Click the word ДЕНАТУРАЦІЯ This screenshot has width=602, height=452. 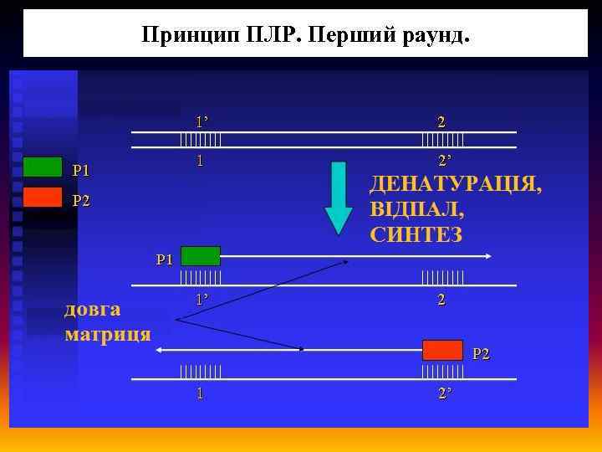pyautogui.click(x=455, y=183)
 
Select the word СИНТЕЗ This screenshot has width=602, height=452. pyautogui.click(x=416, y=234)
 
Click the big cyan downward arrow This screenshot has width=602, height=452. pyautogui.click(x=339, y=198)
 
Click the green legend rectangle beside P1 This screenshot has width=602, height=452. pyautogui.click(x=42, y=167)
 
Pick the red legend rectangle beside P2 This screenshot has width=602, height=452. pyautogui.click(x=42, y=197)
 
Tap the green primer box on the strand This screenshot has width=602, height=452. pyautogui.click(x=201, y=255)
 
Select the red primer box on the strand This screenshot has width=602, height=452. pyautogui.click(x=442, y=350)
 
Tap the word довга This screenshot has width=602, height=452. pyautogui.click(x=93, y=310)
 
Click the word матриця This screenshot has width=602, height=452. pyautogui.click(x=108, y=335)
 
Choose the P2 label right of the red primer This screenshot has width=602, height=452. pyautogui.click(x=481, y=354)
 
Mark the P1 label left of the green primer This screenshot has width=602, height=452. pyautogui.click(x=165, y=259)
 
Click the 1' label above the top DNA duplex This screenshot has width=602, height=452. pyautogui.click(x=201, y=121)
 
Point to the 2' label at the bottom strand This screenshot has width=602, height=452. pyautogui.click(x=444, y=393)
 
